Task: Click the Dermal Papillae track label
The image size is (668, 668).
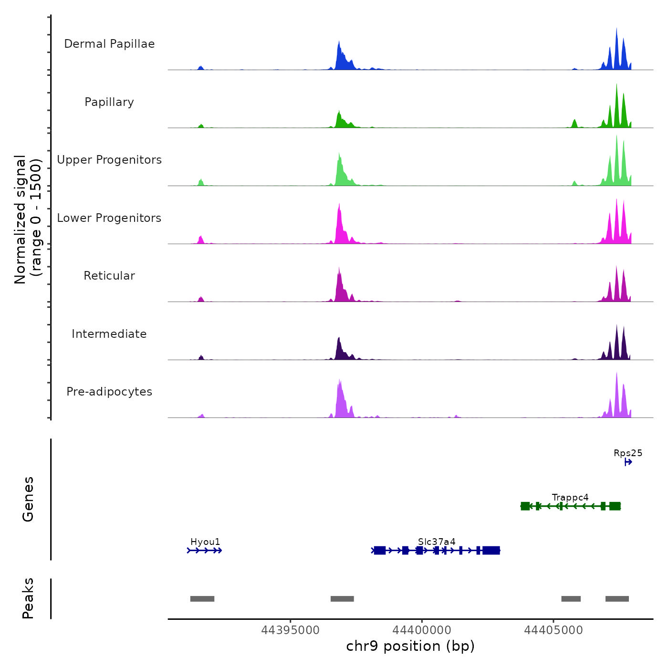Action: click(x=109, y=44)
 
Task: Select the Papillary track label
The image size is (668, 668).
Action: click(x=109, y=102)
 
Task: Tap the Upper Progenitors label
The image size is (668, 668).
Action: click(x=109, y=160)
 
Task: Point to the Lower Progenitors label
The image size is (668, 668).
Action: click(x=109, y=218)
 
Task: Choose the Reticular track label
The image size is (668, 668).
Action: click(x=109, y=276)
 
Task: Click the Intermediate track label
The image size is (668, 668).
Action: click(x=109, y=334)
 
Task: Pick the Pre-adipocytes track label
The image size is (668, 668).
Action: click(x=109, y=392)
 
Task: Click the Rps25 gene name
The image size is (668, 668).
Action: click(x=628, y=453)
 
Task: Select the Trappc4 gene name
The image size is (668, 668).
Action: click(x=570, y=498)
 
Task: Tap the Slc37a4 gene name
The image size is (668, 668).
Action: click(x=437, y=542)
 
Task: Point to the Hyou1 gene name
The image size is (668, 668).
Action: click(x=205, y=542)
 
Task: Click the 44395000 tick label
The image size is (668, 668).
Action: click(x=291, y=630)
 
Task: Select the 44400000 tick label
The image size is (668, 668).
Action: click(x=422, y=630)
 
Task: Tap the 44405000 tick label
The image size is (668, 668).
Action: click(x=553, y=630)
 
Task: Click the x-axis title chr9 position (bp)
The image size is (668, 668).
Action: click(x=410, y=646)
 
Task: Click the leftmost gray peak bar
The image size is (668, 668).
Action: click(x=202, y=599)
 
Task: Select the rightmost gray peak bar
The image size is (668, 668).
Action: click(x=617, y=599)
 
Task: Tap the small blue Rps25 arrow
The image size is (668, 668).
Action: click(x=628, y=462)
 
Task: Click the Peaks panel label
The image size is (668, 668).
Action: click(x=28, y=598)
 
